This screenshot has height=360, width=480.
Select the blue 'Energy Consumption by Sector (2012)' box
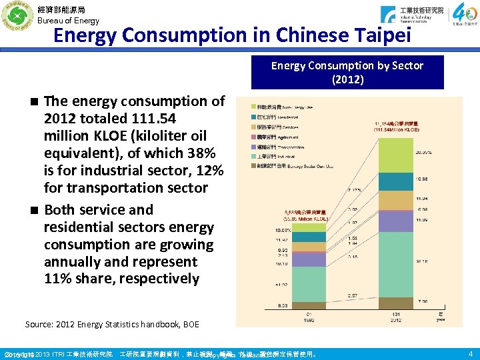coord(347,72)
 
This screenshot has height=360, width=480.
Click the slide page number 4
coord(470,353)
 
